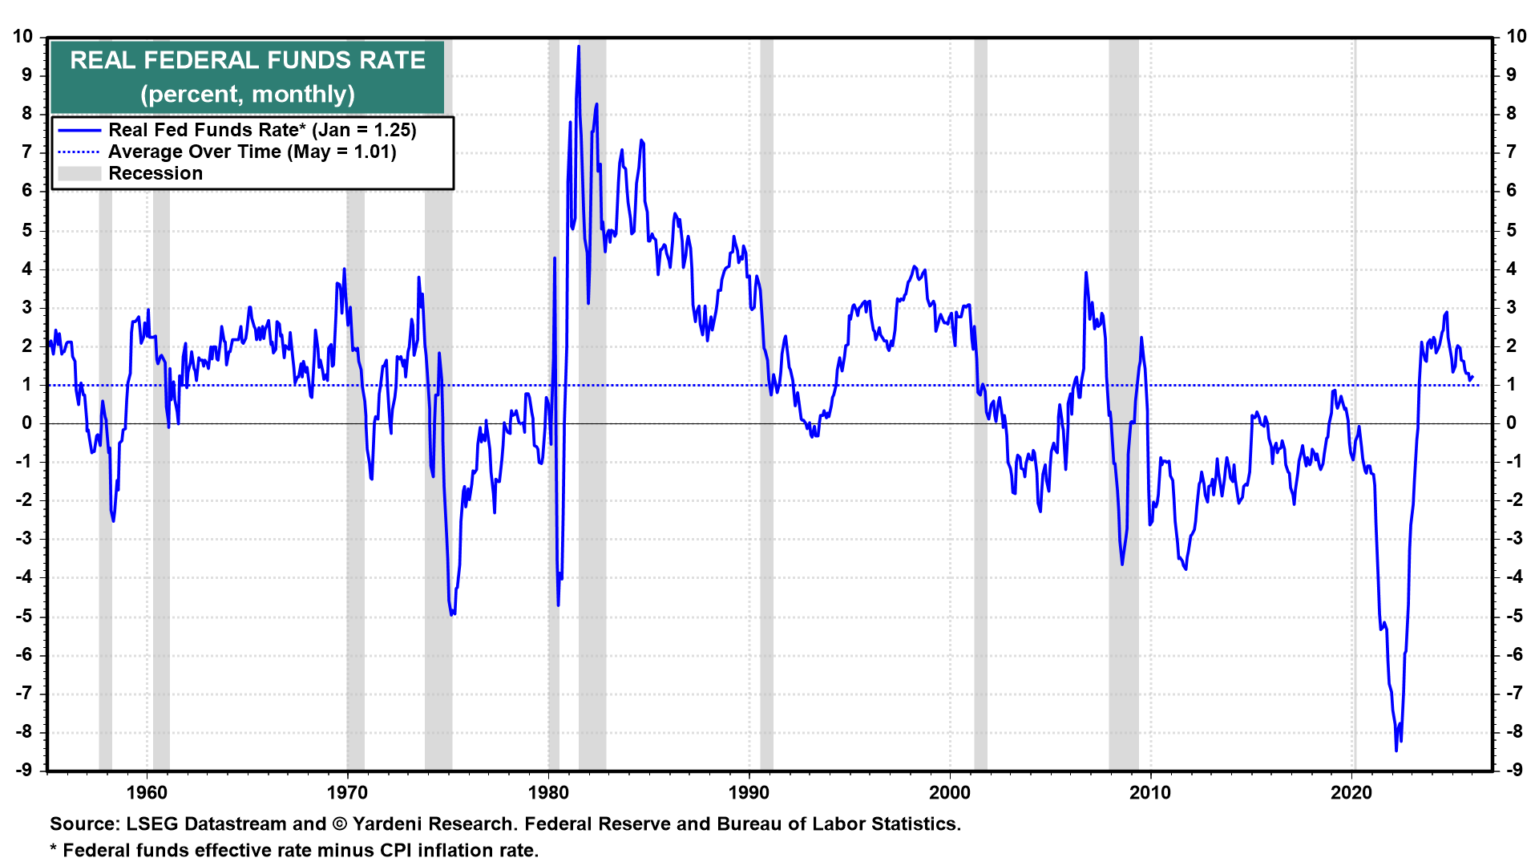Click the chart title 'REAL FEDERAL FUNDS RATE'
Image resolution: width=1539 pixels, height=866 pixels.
(248, 60)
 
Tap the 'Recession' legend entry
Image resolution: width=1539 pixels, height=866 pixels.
(156, 173)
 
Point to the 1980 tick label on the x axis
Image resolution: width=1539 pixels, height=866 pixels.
(548, 793)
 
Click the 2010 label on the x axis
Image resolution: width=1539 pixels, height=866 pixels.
(1150, 793)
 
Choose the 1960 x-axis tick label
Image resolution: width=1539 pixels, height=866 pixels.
(147, 793)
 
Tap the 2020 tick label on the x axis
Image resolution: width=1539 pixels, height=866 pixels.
(1351, 793)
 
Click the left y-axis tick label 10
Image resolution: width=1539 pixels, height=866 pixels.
(22, 36)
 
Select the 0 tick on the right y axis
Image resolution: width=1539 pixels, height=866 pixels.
(1511, 423)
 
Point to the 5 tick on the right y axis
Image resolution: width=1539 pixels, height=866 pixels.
(1511, 230)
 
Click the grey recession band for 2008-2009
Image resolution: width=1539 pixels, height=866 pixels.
(1124, 401)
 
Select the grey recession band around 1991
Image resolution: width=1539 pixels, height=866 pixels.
(766, 401)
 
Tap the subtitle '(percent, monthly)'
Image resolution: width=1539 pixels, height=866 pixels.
(248, 94)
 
